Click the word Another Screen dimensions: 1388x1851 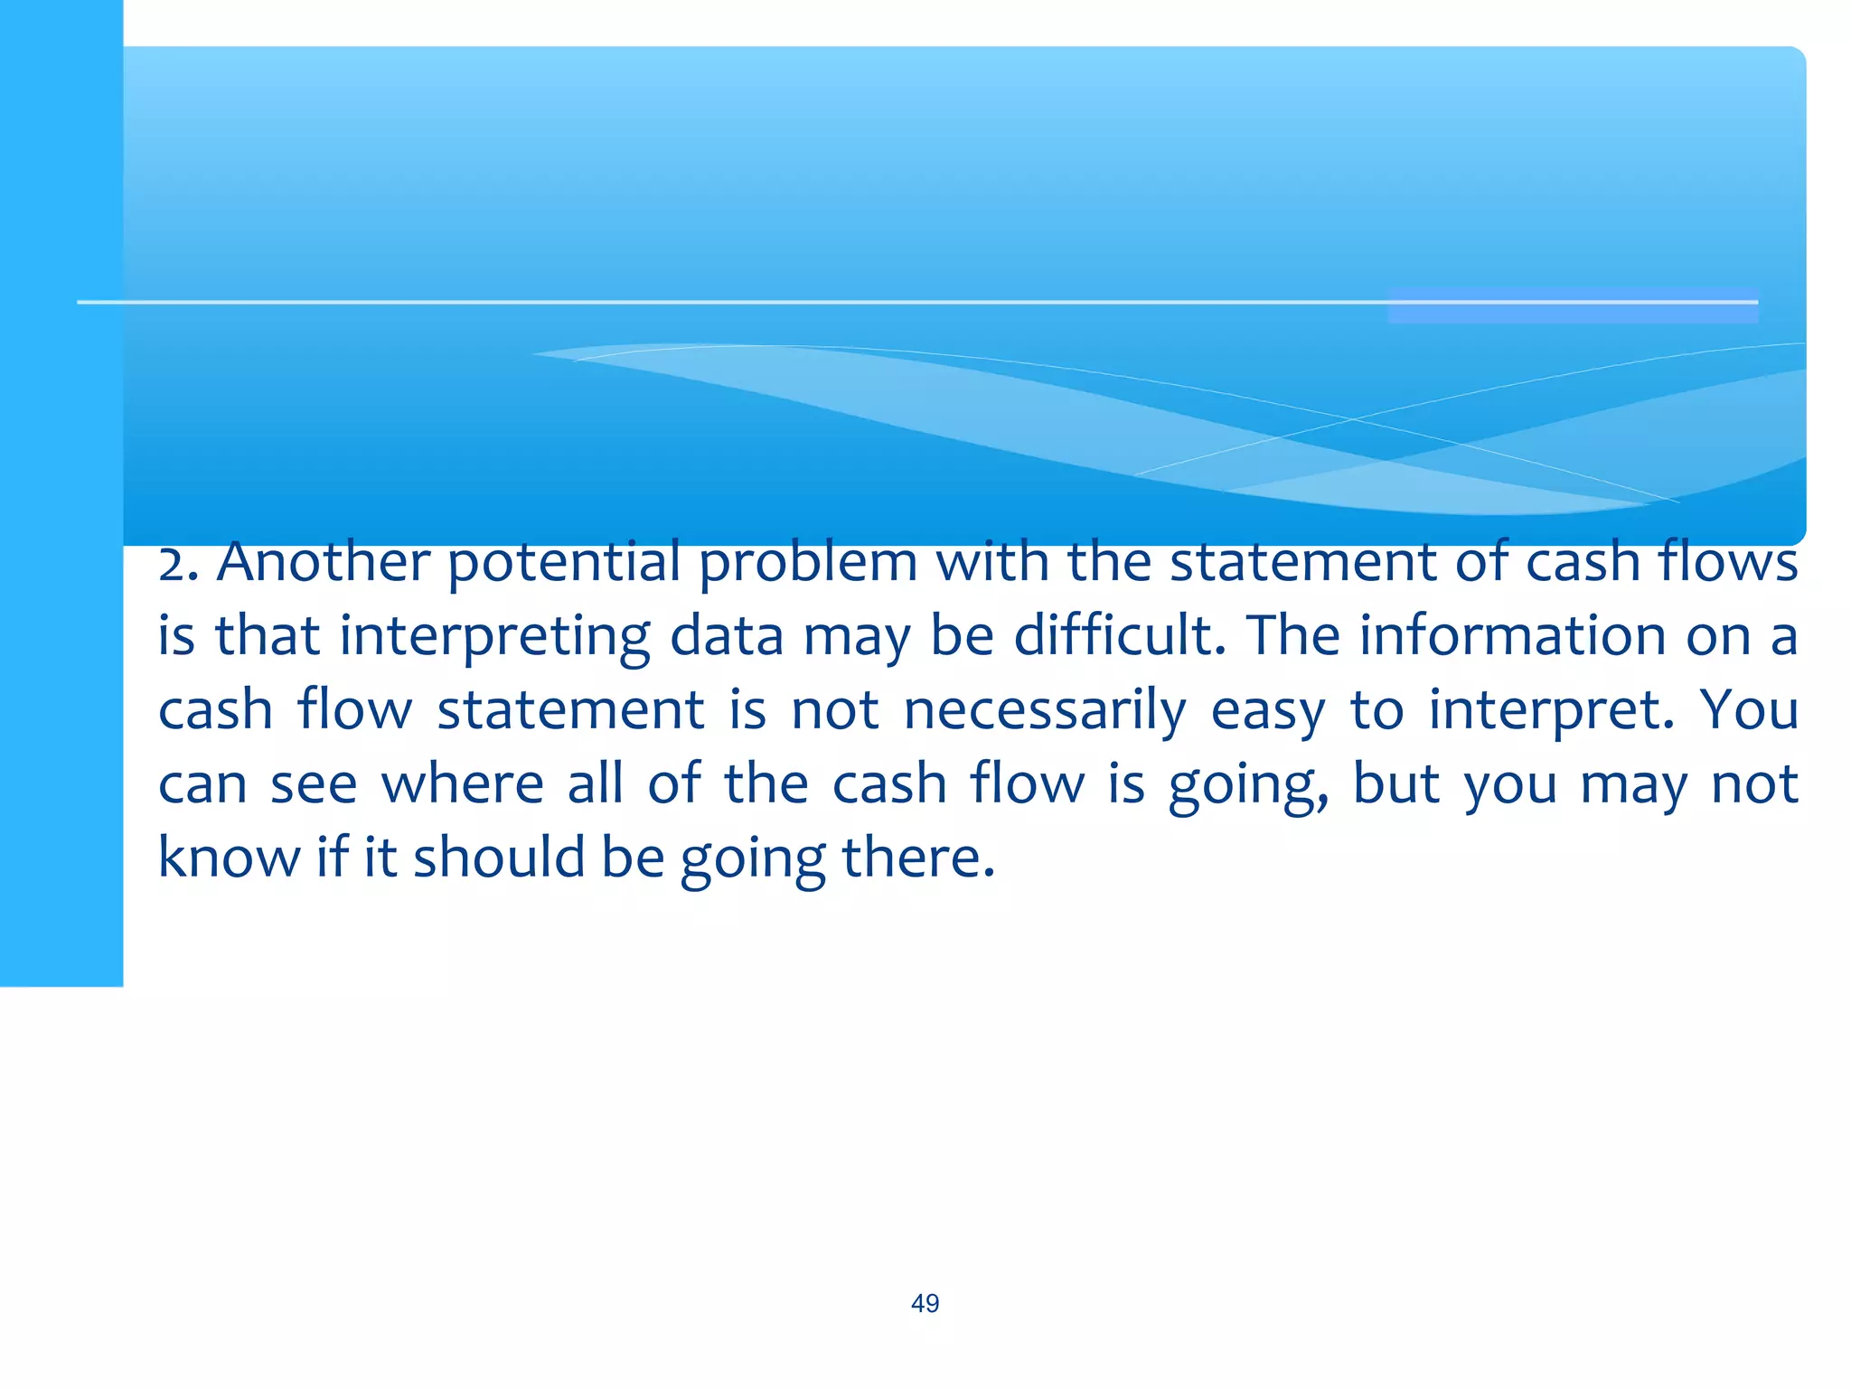[323, 562]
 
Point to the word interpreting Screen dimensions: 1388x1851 [494, 637]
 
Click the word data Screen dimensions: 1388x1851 [726, 635]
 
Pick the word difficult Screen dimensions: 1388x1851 [1120, 635]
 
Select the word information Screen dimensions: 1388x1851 [1512, 635]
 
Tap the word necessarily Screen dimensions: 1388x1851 [1045, 711]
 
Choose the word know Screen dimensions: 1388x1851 [229, 858]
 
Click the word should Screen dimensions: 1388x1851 [499, 858]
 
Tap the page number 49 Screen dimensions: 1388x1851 [925, 1303]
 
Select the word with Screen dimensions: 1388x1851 [991, 562]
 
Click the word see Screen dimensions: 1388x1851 [314, 785]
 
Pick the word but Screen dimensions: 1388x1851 [1395, 783]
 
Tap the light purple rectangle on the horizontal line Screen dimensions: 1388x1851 [1573, 305]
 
